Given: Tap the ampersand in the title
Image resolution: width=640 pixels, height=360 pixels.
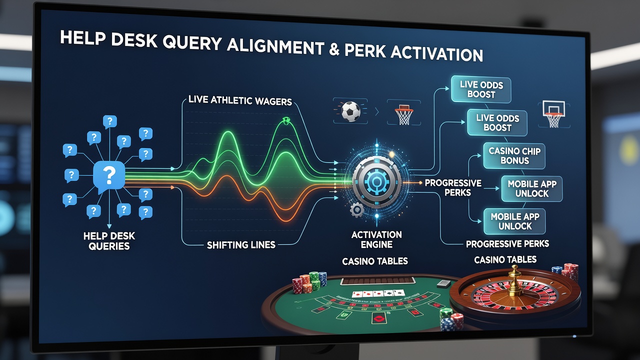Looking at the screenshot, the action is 333,48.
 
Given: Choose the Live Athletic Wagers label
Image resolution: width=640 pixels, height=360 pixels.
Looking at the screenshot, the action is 240,100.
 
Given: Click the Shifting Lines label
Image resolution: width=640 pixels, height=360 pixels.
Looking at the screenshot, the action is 241,245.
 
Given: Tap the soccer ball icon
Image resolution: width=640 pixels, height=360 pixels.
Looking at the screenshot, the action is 350,111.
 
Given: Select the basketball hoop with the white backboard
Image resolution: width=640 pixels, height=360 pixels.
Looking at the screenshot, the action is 553,114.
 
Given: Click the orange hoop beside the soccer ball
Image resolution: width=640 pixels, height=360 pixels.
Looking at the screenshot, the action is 404,115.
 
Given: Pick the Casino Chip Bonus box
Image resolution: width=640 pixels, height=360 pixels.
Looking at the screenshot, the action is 514,155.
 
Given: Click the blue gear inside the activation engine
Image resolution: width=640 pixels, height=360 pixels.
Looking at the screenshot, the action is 376,181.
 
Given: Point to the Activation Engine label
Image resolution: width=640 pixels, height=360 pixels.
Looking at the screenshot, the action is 376,239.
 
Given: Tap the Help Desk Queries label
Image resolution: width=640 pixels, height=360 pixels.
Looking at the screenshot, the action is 109,241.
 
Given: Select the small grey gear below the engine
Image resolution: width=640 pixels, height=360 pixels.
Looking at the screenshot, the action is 357,210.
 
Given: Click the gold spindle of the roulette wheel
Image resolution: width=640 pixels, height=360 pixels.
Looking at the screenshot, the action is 514,280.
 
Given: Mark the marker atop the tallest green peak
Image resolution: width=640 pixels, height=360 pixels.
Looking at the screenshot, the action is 285,120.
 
